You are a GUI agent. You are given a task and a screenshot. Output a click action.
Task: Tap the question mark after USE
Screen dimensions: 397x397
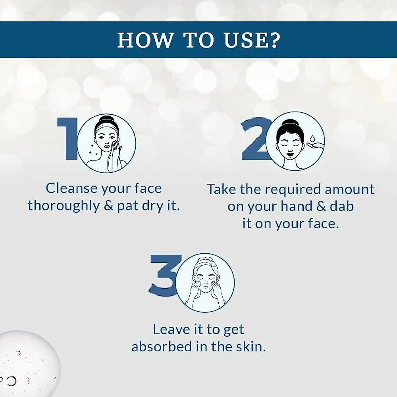[274, 40]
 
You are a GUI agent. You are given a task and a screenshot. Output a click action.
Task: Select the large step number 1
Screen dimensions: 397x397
[67, 139]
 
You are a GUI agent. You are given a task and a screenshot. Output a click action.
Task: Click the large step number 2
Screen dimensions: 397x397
[254, 139]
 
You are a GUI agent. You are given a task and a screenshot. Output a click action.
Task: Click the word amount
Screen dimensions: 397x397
[350, 189]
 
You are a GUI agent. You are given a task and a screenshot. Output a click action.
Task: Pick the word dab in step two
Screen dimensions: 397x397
[341, 206]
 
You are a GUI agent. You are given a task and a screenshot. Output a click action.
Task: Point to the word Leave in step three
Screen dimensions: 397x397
[171, 330]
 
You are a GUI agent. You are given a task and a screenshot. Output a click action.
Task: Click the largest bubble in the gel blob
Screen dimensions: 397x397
[11, 381]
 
